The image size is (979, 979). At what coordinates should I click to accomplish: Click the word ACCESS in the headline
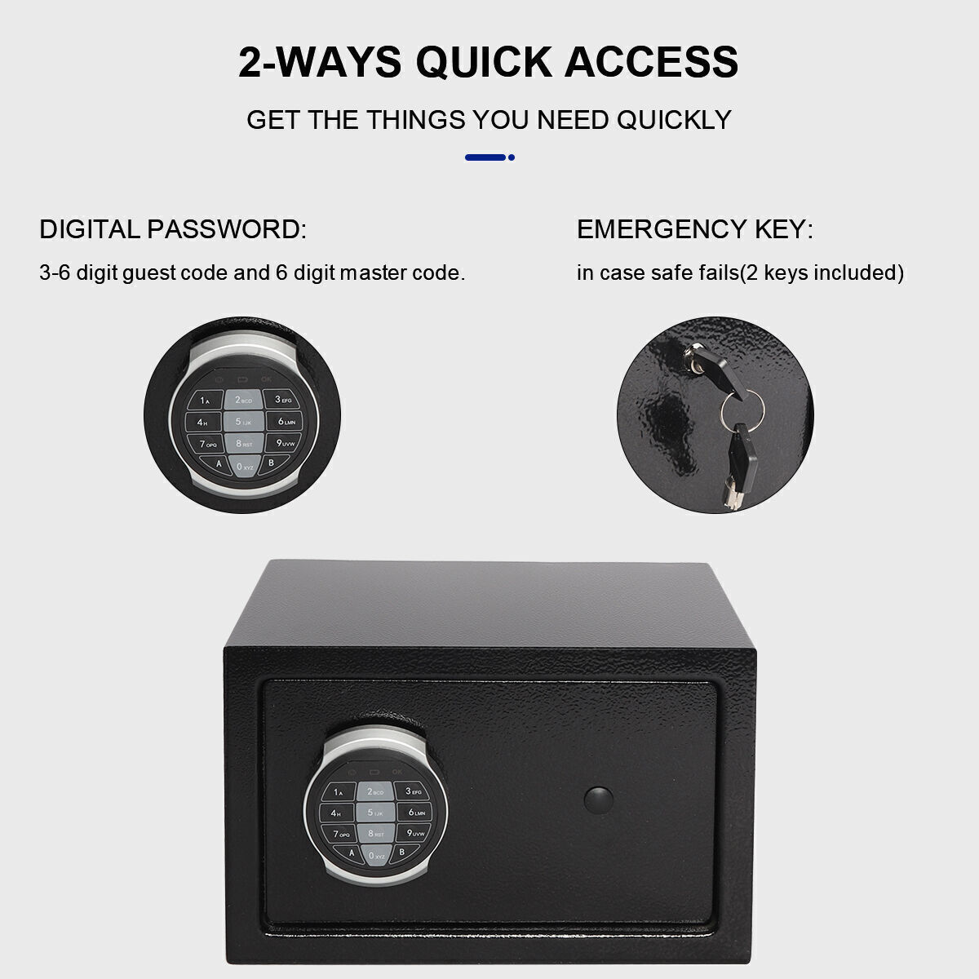click(651, 62)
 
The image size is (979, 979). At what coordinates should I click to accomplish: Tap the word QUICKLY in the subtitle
click(674, 120)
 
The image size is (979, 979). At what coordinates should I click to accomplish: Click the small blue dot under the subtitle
click(511, 157)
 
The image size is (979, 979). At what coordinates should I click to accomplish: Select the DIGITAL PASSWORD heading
click(173, 229)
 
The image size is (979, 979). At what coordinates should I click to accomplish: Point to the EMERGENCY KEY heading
click(695, 229)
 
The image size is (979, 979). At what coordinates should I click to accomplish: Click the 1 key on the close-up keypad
click(206, 401)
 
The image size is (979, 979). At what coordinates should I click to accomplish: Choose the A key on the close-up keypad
click(218, 463)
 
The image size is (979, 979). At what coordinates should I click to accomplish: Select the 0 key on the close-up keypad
click(245, 467)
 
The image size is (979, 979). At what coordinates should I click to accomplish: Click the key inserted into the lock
click(716, 368)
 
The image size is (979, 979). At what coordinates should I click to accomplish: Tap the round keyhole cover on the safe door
click(599, 800)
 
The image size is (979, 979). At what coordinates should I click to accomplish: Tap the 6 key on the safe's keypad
click(415, 813)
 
